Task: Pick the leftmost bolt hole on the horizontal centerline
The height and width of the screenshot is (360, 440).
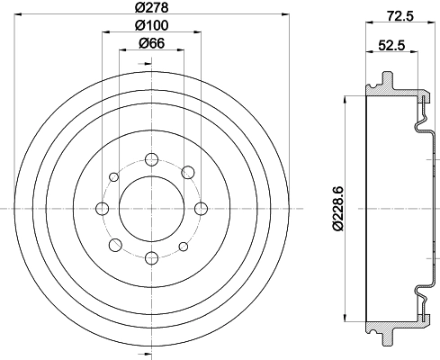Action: [101, 209]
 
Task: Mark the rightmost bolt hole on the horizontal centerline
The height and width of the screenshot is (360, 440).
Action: [196, 209]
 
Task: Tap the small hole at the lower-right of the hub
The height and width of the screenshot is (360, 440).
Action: [184, 245]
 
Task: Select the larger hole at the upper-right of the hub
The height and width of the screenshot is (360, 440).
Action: [186, 172]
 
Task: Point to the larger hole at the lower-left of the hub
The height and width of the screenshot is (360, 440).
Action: [113, 245]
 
